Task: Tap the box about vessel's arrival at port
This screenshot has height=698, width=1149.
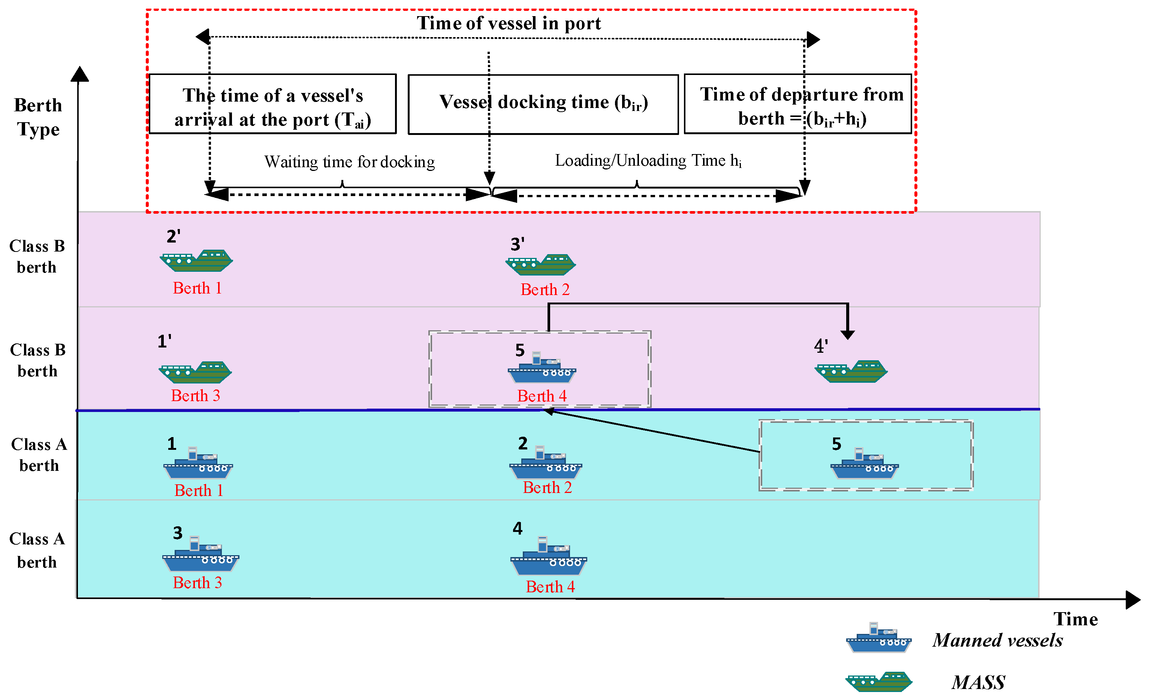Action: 272,104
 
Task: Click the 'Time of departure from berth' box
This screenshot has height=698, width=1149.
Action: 797,104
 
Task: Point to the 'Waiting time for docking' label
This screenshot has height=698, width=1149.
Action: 349,162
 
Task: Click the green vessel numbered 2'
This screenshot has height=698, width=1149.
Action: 196,261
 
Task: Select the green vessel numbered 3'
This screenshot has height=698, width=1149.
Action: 541,265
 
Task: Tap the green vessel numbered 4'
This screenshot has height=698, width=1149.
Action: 851,371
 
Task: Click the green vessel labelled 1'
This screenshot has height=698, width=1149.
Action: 195,372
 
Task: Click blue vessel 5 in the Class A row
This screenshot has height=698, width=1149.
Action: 864,464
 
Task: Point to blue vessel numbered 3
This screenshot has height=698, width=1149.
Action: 200,555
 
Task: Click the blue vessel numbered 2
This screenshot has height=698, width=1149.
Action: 546,464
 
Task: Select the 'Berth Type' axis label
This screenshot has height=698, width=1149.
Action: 38,117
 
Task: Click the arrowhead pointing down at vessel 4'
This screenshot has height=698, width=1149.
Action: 847,334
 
